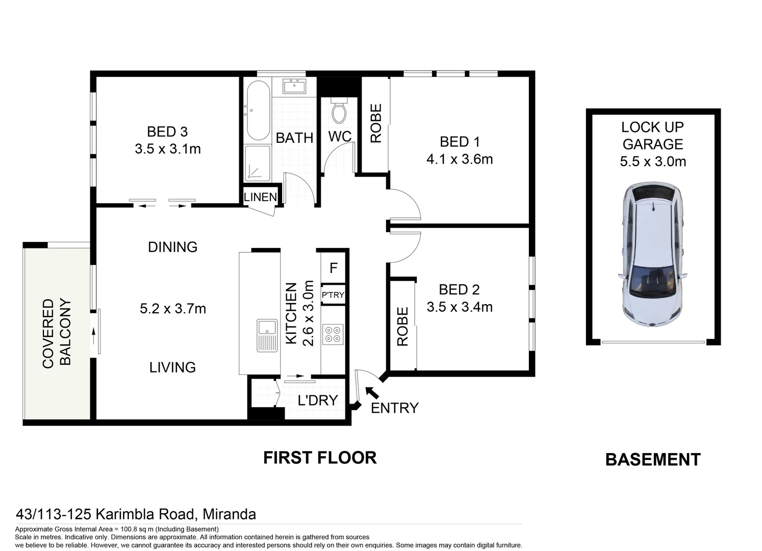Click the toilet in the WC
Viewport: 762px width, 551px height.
339,110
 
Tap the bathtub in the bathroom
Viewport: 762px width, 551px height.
259,110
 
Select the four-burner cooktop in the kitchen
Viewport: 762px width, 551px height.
333,334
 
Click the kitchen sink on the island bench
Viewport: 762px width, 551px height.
267,336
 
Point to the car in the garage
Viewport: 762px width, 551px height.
652,255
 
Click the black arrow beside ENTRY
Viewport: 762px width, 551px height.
372,393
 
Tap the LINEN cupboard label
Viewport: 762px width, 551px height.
260,197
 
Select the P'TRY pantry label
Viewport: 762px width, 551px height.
333,295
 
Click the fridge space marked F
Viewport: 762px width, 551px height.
334,268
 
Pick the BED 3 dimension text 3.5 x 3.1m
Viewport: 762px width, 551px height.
168,149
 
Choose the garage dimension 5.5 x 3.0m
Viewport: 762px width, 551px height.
653,161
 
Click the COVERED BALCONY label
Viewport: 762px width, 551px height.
57,334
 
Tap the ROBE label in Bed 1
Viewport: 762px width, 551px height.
376,123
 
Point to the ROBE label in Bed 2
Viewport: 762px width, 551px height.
402,327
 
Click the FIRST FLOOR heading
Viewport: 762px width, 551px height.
320,458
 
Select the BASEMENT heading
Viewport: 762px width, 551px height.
653,460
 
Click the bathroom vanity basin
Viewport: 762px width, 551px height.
294,86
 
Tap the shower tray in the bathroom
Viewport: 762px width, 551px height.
258,163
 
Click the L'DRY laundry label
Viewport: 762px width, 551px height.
318,400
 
